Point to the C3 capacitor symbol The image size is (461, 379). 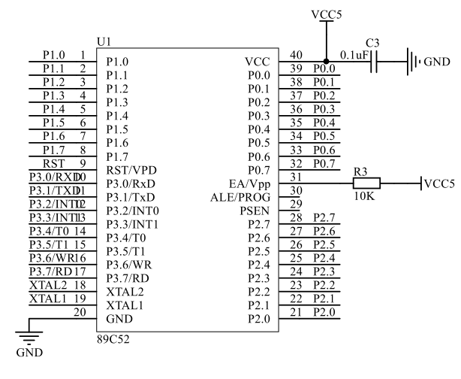click(373, 61)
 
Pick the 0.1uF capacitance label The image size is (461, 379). click(353, 54)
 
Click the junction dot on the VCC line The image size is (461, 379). click(325, 61)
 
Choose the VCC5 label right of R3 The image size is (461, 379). click(439, 183)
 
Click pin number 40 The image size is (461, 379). click(296, 54)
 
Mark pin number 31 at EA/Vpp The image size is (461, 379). click(296, 176)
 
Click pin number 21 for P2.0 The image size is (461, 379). click(296, 311)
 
